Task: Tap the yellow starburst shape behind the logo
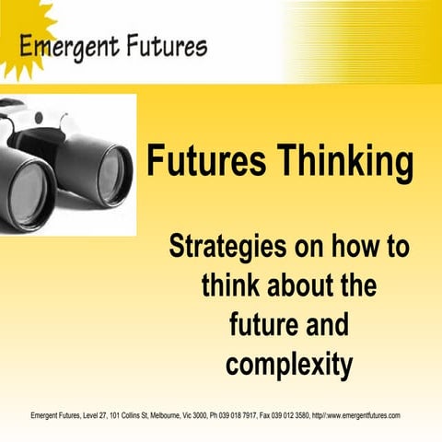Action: pos(20,18)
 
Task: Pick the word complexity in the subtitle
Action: pos(288,364)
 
